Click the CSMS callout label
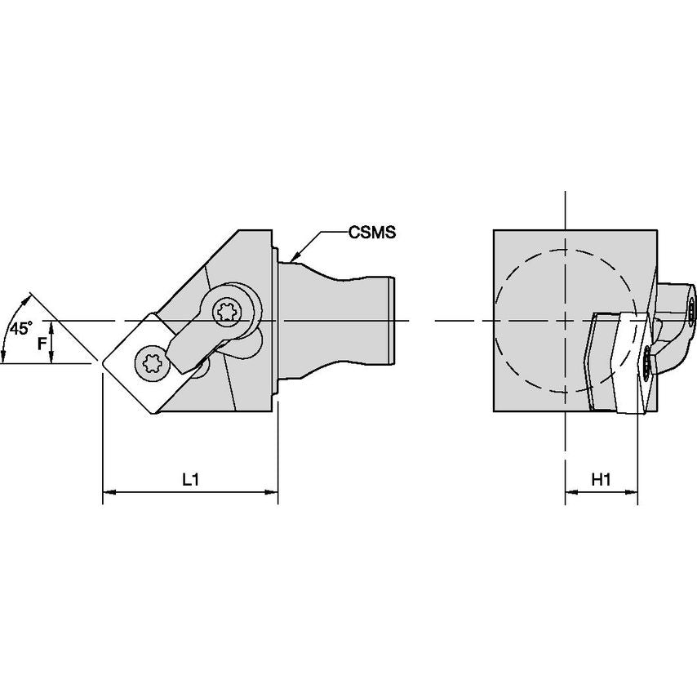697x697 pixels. (371, 233)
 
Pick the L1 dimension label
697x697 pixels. (190, 481)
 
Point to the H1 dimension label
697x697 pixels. (601, 481)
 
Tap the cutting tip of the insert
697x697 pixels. (103, 360)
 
